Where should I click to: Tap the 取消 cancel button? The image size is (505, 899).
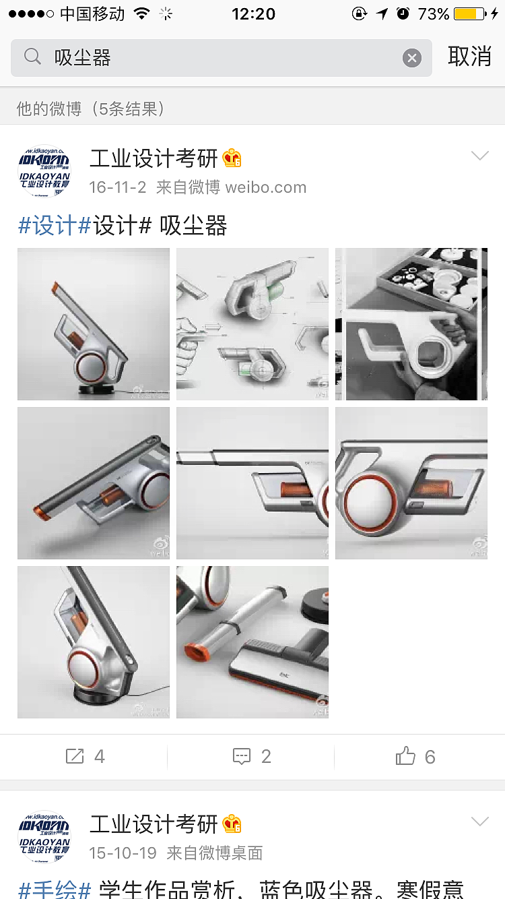click(469, 57)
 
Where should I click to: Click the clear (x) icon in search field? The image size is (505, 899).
click(412, 58)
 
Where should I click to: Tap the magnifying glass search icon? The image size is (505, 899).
click(32, 57)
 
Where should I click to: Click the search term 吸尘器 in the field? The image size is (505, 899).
click(83, 58)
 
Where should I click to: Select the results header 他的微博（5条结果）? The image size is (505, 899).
click(91, 108)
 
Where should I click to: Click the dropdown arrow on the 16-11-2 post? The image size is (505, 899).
click(479, 156)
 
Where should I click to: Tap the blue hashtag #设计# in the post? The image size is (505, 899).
click(55, 226)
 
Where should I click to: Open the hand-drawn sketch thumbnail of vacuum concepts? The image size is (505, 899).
click(252, 324)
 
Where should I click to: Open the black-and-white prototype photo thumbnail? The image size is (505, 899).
click(411, 324)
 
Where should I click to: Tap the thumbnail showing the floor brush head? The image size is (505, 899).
click(252, 642)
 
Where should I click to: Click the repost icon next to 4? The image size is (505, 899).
click(75, 756)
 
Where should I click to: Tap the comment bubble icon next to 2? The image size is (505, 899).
click(242, 756)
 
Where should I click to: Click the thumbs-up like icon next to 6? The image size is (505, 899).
click(405, 756)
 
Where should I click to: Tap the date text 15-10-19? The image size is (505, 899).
click(123, 852)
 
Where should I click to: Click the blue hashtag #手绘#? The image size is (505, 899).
click(55, 890)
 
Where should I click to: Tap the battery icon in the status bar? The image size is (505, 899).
click(470, 13)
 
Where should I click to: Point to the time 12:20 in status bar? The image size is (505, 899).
click(253, 13)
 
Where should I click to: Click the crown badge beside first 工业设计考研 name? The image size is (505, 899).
click(232, 159)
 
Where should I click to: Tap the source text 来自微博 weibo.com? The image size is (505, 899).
click(231, 187)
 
